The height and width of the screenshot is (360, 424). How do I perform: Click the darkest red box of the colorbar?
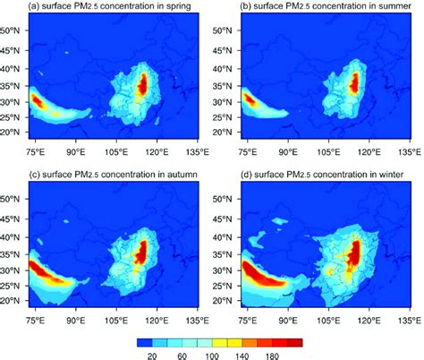296,342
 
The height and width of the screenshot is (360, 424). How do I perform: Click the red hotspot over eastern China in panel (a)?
143,87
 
